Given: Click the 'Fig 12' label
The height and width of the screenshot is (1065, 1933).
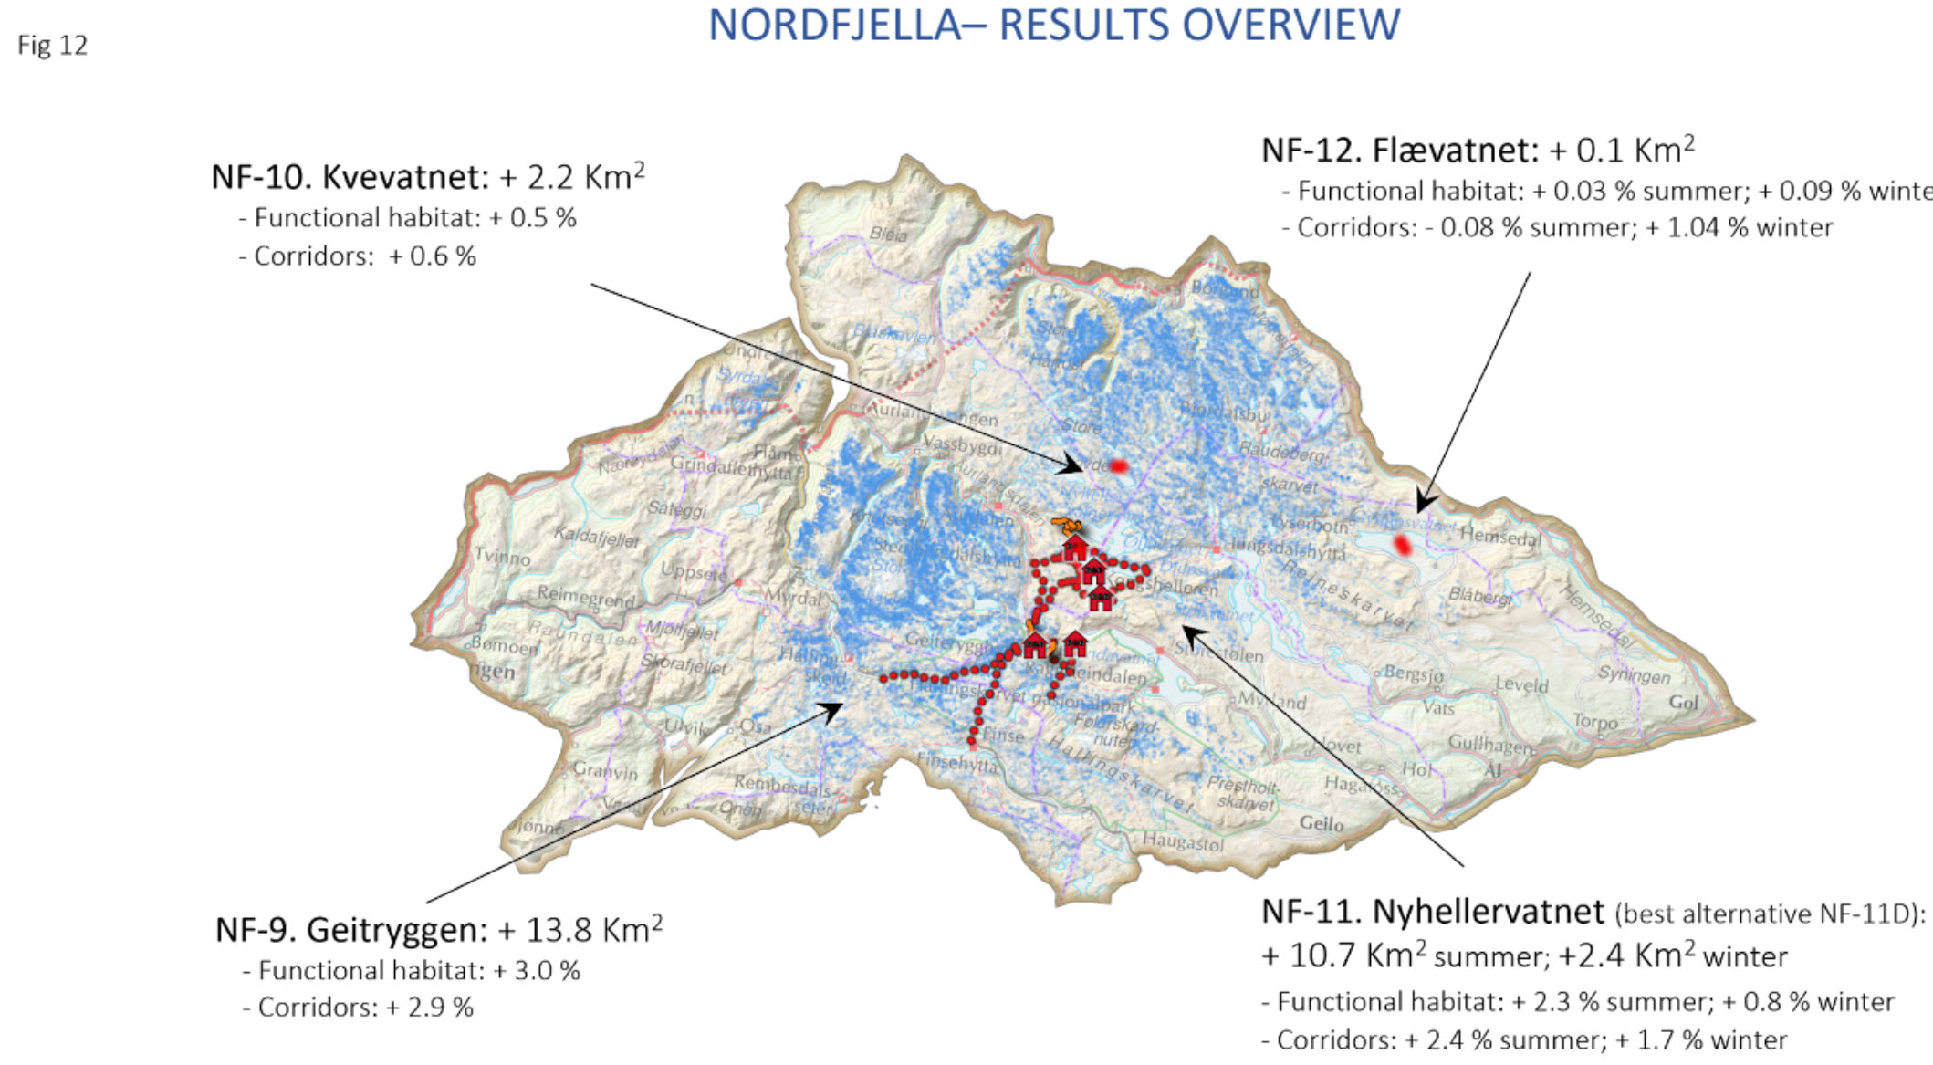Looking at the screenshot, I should pyautogui.click(x=52, y=45).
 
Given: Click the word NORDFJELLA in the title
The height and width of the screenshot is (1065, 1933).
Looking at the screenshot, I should pyautogui.click(x=834, y=26).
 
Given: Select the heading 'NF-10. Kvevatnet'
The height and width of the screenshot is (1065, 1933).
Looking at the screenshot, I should pyautogui.click(x=350, y=176).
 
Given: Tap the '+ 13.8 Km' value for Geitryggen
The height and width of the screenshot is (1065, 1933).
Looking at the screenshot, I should pyautogui.click(x=580, y=930).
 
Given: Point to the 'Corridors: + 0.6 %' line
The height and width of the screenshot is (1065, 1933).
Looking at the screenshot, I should pyautogui.click(x=356, y=256).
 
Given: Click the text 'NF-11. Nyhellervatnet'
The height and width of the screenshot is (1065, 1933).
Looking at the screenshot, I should pyautogui.click(x=1432, y=911).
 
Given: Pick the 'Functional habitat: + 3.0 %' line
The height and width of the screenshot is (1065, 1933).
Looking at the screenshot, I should pyautogui.click(x=410, y=970).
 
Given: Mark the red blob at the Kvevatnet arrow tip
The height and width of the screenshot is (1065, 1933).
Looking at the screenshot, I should pyautogui.click(x=1118, y=466).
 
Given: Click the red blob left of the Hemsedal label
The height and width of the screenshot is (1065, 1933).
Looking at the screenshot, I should pyautogui.click(x=1403, y=546).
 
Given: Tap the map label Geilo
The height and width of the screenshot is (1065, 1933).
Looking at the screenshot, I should pyautogui.click(x=1321, y=823).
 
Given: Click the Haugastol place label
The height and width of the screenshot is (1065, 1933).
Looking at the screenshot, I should pyautogui.click(x=1183, y=841).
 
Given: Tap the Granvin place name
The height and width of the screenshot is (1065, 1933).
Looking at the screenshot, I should pyautogui.click(x=605, y=771).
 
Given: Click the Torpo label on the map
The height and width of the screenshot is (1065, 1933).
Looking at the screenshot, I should pyautogui.click(x=1594, y=721).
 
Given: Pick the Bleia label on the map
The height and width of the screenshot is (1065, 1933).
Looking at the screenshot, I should pyautogui.click(x=887, y=234).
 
